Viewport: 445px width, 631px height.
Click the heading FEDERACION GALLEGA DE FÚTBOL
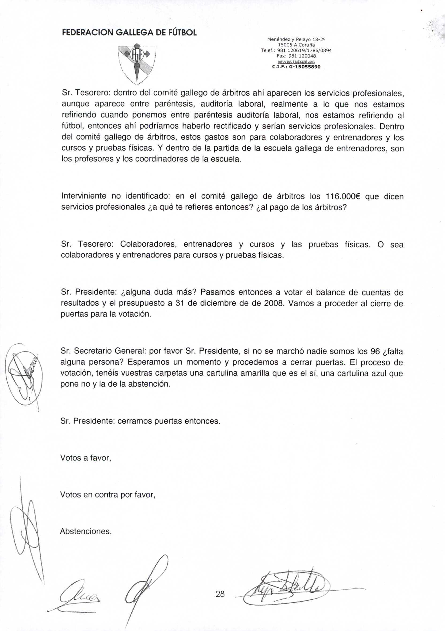pyautogui.click(x=129, y=33)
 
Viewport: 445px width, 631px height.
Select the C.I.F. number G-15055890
pyautogui.click(x=296, y=67)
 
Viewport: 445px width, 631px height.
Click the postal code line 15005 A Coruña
pyautogui.click(x=296, y=45)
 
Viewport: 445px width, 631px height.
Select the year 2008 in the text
pyautogui.click(x=272, y=303)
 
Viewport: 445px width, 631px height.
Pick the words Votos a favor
pyautogui.click(x=86, y=458)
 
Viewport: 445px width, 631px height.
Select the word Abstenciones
pyautogui.click(x=86, y=531)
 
